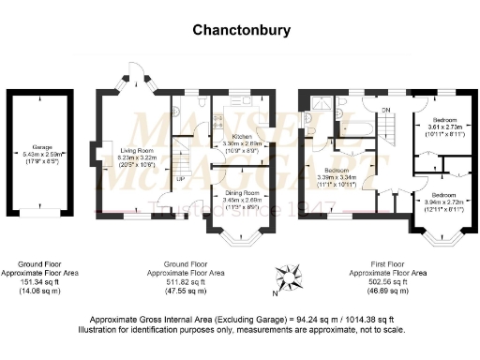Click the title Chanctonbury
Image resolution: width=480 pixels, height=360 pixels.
(x=241, y=30)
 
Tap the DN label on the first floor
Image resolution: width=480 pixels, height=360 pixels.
(x=384, y=110)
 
